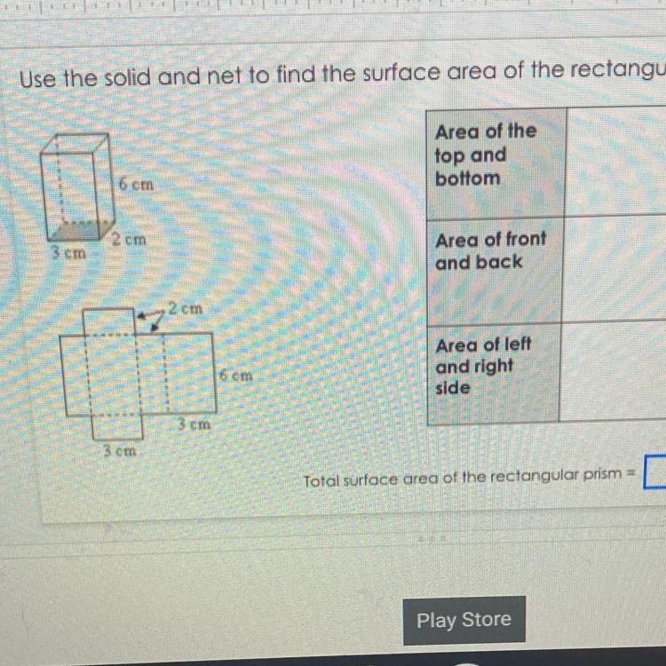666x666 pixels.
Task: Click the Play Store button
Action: pos(464,620)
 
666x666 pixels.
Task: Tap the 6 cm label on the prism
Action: pos(137,186)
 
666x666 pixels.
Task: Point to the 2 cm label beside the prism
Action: pos(129,240)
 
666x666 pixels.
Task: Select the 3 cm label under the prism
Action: pos(67,252)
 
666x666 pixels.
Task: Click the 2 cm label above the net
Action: pos(186,309)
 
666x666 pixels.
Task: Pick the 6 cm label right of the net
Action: pos(235,376)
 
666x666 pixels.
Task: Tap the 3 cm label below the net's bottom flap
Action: pos(118,450)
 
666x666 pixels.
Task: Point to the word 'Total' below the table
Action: pos(321,481)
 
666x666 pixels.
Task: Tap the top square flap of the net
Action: pos(110,320)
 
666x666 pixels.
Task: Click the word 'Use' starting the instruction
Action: pos(36,79)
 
